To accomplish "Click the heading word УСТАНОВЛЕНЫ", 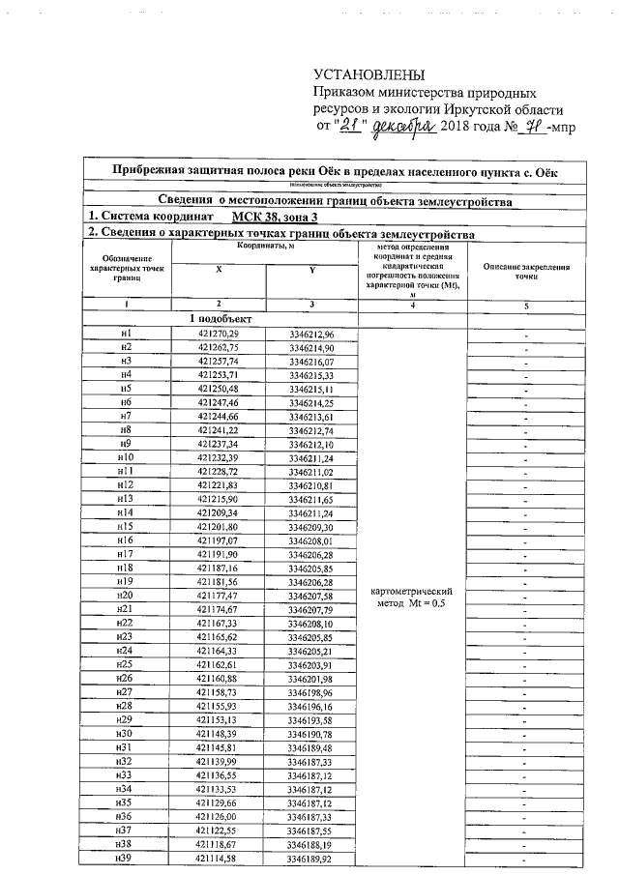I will [x=369, y=74].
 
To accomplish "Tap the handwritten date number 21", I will [x=361, y=127].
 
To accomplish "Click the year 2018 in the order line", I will [x=457, y=128].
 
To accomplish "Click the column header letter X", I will [x=219, y=272].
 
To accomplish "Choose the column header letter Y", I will [x=311, y=272].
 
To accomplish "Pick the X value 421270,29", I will [x=218, y=334].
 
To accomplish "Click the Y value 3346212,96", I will [x=311, y=334].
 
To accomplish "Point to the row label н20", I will [x=125, y=597].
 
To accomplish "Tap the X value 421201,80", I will [x=217, y=527].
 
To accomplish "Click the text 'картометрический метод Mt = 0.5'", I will [x=413, y=597].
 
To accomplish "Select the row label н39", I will [x=123, y=860].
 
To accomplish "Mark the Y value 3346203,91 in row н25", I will [x=310, y=666].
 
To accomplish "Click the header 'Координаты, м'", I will [x=265, y=248].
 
